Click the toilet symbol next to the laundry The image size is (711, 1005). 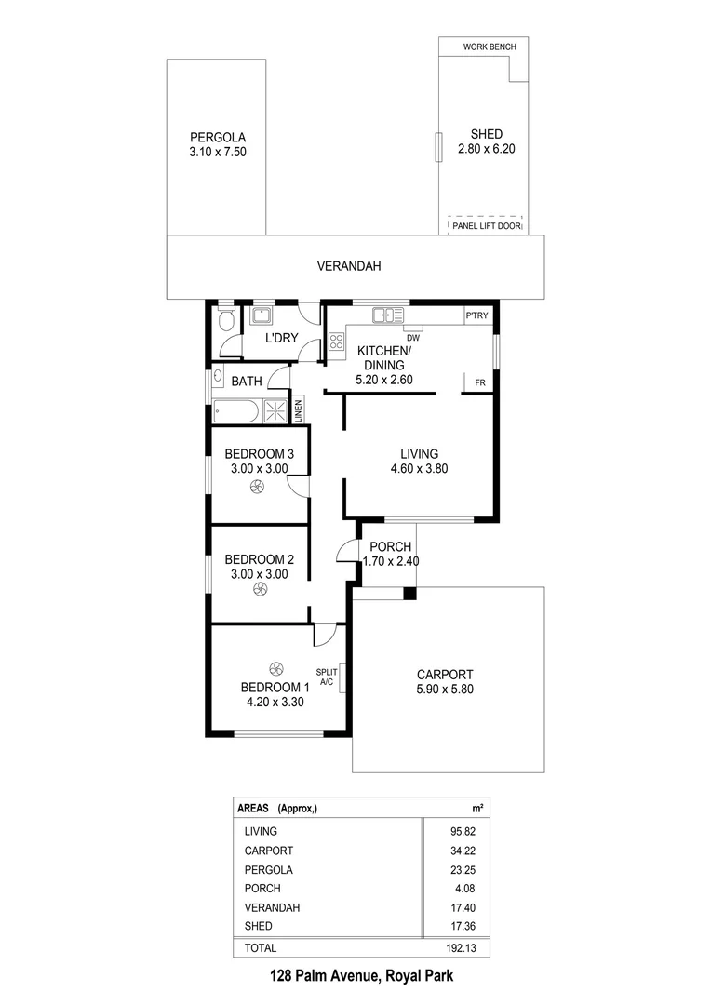(x=224, y=322)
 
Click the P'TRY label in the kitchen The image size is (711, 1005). (x=476, y=316)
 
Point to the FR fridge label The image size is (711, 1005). (x=479, y=382)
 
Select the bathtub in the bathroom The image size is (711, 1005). (x=236, y=411)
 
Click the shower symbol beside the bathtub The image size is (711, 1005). (x=276, y=411)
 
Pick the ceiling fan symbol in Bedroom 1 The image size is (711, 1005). (x=275, y=667)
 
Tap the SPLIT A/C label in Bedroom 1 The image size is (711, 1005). (x=327, y=677)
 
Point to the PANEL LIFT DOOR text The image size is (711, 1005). (x=487, y=225)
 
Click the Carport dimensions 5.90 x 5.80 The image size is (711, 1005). (x=445, y=690)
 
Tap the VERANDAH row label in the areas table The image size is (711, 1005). (x=271, y=907)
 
